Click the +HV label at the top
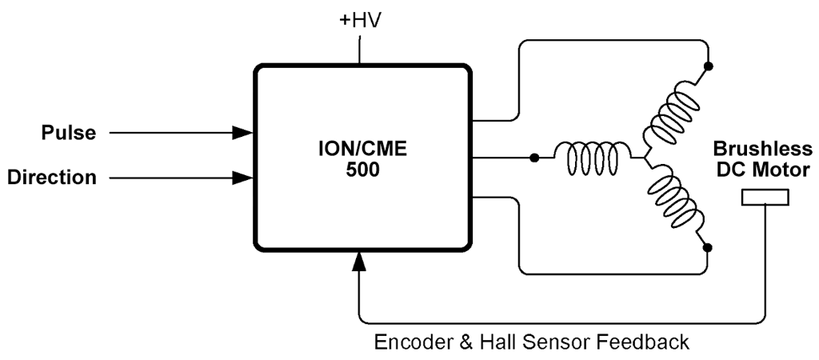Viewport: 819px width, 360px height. pos(360,18)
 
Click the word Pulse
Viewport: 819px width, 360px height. pos(69,133)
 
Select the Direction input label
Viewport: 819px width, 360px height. pos(52,178)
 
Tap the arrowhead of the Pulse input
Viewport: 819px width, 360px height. pos(242,133)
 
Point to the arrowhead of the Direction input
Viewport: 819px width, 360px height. pos(242,178)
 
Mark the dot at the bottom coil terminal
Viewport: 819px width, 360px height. pos(708,248)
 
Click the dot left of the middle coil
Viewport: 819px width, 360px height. pos(534,158)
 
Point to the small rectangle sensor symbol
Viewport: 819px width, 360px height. pos(765,197)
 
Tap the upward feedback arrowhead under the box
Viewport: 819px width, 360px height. pos(360,260)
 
